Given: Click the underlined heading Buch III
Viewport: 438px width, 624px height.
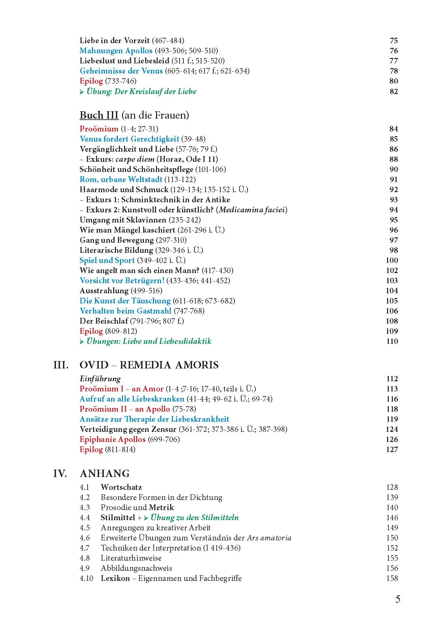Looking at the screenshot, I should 99,115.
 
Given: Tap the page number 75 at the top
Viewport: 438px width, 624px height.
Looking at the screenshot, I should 394,41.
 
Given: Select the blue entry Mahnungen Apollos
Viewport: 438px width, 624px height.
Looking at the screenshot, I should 116,51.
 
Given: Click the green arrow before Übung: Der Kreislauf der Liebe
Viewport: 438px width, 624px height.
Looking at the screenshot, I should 82,92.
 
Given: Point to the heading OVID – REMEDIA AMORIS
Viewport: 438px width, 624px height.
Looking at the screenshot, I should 149,365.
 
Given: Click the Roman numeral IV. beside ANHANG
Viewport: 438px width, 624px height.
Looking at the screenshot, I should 60,474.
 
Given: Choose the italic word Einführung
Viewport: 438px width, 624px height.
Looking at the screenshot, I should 100,379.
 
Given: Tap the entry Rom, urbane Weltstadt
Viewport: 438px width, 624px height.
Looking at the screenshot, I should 121,179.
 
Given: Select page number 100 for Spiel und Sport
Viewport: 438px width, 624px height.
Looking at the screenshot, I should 392,260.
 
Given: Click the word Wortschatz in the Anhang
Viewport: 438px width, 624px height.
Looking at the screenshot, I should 121,487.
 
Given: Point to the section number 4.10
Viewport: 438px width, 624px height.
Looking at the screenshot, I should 86,578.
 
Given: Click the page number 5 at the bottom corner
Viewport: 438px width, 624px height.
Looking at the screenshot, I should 398,599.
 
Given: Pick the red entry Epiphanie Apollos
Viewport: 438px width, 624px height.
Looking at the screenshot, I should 113,439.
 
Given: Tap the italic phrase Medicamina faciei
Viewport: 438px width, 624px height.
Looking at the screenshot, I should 252,210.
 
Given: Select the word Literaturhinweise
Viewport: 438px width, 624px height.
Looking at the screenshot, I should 131,558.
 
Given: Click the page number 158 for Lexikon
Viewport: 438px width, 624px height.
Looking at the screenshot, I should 392,578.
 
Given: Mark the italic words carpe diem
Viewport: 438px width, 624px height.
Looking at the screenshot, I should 135,159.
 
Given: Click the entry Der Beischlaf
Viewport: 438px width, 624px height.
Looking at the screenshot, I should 104,321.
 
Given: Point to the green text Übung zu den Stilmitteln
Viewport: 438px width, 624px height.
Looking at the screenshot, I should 194,517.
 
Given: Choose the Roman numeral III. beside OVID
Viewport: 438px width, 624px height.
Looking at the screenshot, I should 61,365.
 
